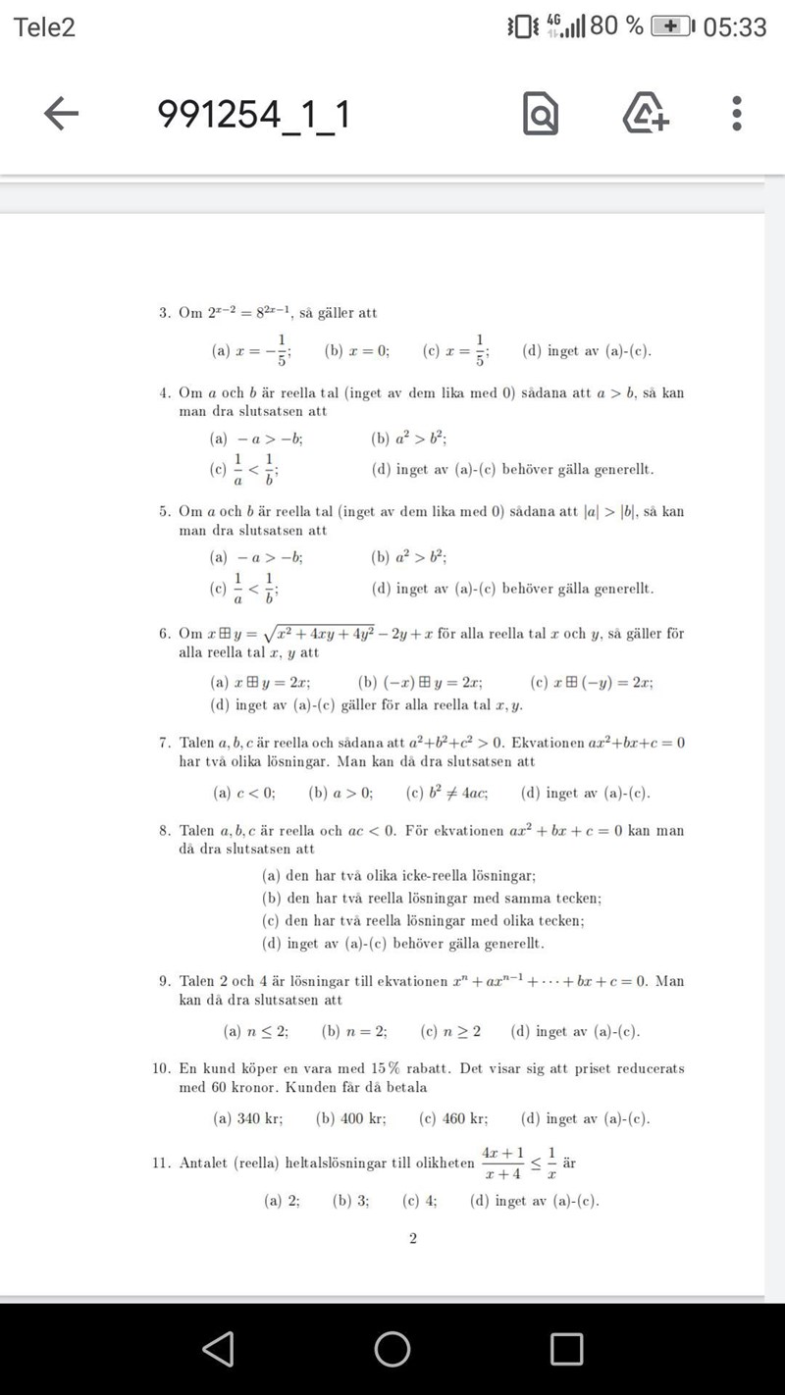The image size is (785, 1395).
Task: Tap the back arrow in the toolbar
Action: coord(61,115)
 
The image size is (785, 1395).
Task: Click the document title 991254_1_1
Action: coord(253,115)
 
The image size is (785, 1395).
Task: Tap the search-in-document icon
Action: coord(541,115)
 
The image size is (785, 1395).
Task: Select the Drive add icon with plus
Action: coord(646,114)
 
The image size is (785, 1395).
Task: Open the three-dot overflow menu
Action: coord(737,114)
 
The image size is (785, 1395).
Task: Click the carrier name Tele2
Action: coord(44,26)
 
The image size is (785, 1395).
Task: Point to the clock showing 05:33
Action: coord(735,26)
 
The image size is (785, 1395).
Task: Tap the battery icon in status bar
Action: coord(672,26)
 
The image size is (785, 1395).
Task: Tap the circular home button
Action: coord(392,1349)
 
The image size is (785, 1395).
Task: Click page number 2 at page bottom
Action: coord(412,1239)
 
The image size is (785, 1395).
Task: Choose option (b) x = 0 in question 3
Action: coord(357,350)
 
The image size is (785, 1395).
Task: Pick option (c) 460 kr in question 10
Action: coord(452,1118)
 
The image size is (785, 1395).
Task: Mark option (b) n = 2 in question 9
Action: coord(354,1031)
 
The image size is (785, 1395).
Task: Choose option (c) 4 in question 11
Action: coord(420,1200)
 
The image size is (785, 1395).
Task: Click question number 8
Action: coord(164,831)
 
